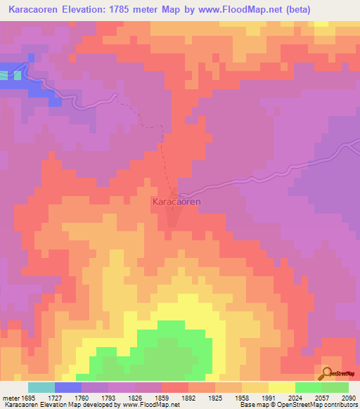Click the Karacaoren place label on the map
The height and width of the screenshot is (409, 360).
click(x=176, y=202)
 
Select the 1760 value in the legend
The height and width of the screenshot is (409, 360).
click(x=82, y=397)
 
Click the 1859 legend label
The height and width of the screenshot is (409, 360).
click(x=162, y=397)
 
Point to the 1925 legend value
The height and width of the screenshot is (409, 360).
click(x=215, y=397)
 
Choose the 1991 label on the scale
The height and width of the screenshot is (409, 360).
click(x=268, y=397)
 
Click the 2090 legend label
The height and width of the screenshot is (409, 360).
click(x=348, y=397)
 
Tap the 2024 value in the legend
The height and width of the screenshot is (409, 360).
click(x=295, y=397)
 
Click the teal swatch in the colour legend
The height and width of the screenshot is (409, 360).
click(x=41, y=387)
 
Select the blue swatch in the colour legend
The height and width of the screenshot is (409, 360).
click(x=68, y=387)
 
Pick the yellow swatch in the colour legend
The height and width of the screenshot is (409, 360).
click(x=281, y=387)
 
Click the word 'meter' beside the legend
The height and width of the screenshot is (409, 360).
click(x=11, y=397)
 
